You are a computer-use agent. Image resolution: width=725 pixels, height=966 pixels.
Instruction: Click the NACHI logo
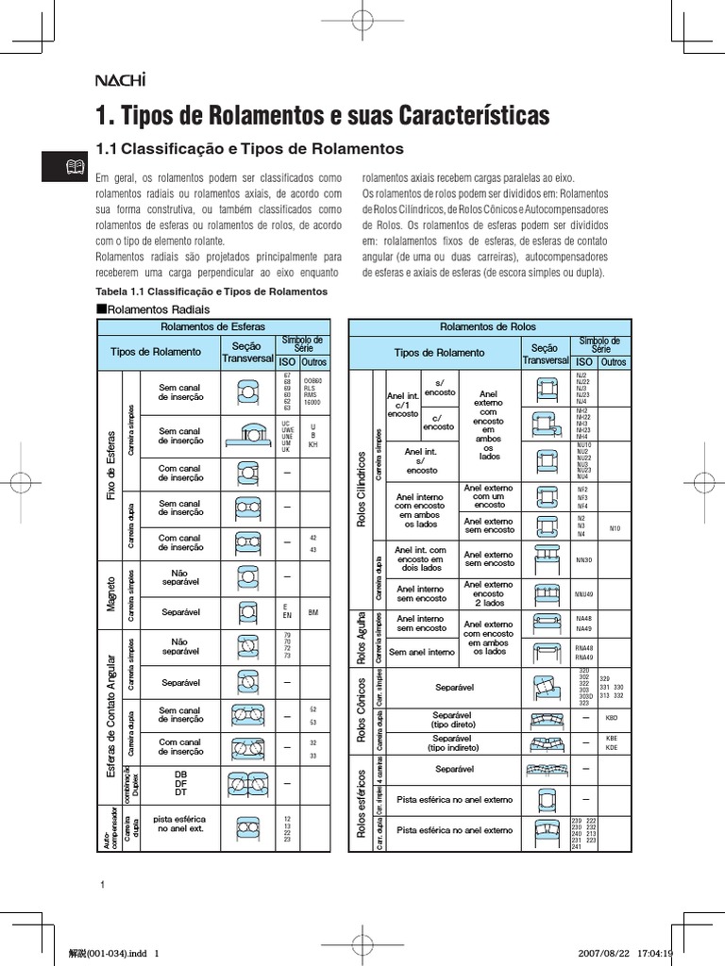pyautogui.click(x=119, y=80)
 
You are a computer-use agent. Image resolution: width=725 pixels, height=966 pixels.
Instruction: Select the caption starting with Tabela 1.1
pyautogui.click(x=211, y=291)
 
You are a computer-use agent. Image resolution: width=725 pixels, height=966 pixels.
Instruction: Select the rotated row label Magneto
pyautogui.click(x=110, y=593)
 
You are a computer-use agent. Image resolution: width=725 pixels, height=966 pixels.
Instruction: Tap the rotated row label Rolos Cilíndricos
pyautogui.click(x=361, y=482)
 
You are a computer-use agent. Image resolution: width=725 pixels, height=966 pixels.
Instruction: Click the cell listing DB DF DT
pyautogui.click(x=181, y=782)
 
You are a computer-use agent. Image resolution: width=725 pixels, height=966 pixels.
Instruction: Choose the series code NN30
pyautogui.click(x=584, y=559)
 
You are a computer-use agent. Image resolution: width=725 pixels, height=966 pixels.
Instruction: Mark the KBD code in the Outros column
pyautogui.click(x=613, y=718)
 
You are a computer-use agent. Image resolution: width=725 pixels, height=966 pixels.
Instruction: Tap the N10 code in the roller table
pyautogui.click(x=615, y=528)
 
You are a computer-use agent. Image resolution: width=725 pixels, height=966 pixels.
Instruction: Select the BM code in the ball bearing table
pyautogui.click(x=313, y=612)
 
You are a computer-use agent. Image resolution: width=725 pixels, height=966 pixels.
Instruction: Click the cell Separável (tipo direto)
pyautogui.click(x=453, y=719)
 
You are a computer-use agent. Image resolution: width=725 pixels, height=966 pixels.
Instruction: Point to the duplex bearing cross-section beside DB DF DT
pyautogui.click(x=246, y=782)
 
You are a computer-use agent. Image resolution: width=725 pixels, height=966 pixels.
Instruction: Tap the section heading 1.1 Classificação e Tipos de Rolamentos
pyautogui.click(x=250, y=149)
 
